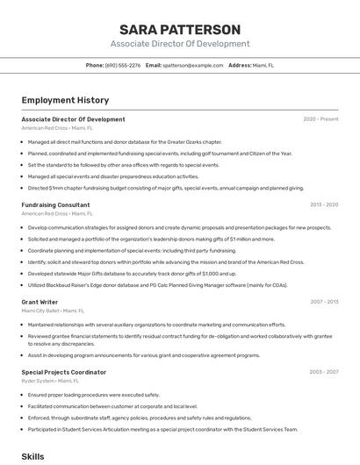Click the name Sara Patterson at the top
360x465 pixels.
pyautogui.click(x=179, y=30)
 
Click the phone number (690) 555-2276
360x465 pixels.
pyautogui.click(x=122, y=65)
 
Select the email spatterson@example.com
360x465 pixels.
pyautogui.click(x=191, y=65)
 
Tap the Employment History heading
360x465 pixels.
pyautogui.click(x=65, y=100)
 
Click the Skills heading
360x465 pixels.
pyautogui.click(x=32, y=457)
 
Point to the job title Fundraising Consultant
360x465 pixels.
pyautogui.click(x=55, y=205)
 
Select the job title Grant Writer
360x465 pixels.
pyautogui.click(x=40, y=302)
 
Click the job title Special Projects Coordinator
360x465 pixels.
pyautogui.click(x=64, y=372)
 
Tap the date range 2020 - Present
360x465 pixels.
pyautogui.click(x=320, y=119)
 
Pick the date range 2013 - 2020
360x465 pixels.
pyautogui.click(x=323, y=205)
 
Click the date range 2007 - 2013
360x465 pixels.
pyautogui.click(x=323, y=302)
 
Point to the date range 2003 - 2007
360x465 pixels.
pyautogui.click(x=323, y=372)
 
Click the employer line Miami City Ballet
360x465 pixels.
pyautogui.click(x=53, y=311)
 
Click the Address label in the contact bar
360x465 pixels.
pyautogui.click(x=239, y=65)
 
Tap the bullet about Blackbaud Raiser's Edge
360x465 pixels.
pyautogui.click(x=158, y=284)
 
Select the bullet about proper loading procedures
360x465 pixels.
pyautogui.click(x=94, y=395)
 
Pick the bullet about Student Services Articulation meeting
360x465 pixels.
pyautogui.click(x=162, y=429)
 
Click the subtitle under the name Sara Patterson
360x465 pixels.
pyautogui.click(x=179, y=44)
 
